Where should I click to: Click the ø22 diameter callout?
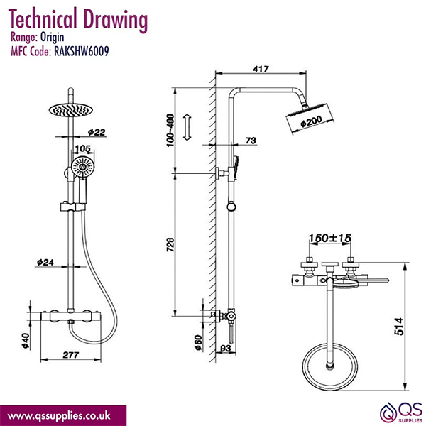(97, 133)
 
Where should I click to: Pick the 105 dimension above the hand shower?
(83, 149)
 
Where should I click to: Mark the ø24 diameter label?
(45, 262)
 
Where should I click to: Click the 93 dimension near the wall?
(224, 348)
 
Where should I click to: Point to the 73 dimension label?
(250, 142)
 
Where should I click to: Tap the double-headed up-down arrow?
(187, 129)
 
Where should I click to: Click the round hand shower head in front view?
(81, 169)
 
